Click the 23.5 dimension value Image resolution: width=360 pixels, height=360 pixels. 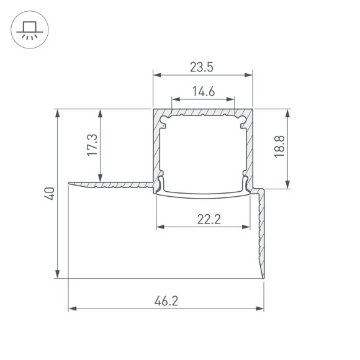(x=203, y=65)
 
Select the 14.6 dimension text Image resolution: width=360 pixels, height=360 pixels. (x=203, y=92)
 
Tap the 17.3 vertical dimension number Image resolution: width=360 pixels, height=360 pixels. (x=92, y=146)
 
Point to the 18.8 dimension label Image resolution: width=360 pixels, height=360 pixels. (x=280, y=148)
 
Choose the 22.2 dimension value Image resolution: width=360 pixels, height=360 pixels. (x=207, y=218)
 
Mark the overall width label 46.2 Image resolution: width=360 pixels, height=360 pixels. (x=166, y=301)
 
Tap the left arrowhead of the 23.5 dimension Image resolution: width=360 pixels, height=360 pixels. (x=156, y=75)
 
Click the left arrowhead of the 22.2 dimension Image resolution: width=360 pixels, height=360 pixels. (x=160, y=227)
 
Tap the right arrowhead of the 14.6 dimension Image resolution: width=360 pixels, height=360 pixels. (x=232, y=99)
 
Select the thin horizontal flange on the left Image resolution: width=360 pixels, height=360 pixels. (x=109, y=184)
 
